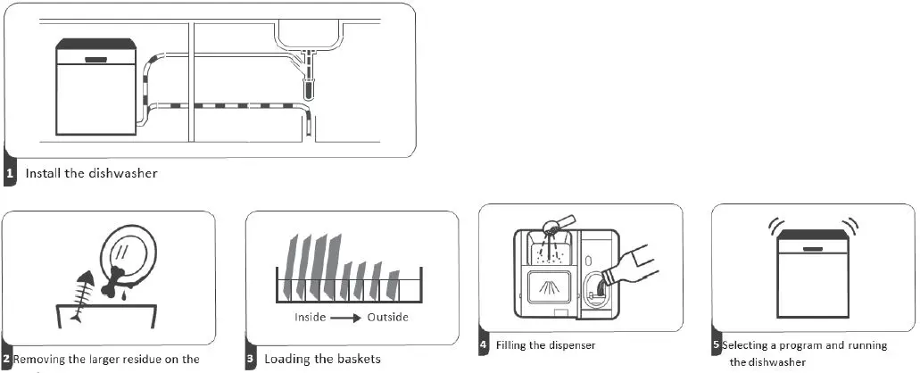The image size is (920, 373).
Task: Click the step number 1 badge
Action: (x=10, y=174)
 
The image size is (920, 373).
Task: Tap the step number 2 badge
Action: (x=6, y=360)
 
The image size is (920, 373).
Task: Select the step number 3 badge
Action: (x=251, y=360)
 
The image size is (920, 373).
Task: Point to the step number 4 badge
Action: (x=484, y=344)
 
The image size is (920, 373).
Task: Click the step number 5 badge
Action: (x=716, y=344)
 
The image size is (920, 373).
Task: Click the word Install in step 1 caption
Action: (x=43, y=173)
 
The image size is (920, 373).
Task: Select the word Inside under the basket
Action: (x=313, y=318)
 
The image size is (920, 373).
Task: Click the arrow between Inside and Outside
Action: (x=349, y=318)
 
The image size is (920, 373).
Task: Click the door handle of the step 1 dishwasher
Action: (x=96, y=60)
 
